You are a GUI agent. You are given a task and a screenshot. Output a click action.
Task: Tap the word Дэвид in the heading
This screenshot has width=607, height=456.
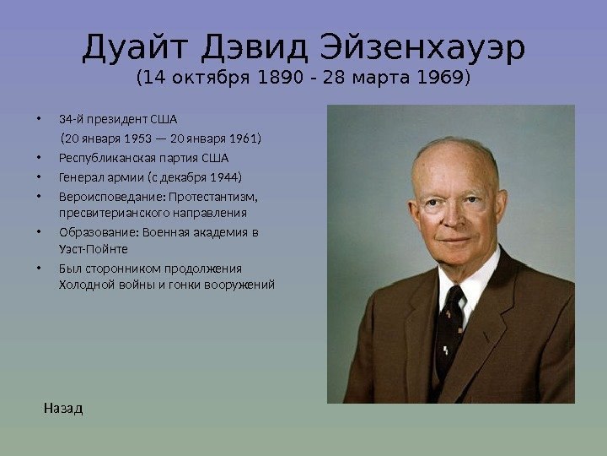[x=255, y=48]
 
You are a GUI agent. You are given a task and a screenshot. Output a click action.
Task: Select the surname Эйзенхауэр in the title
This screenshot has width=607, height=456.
[x=423, y=48]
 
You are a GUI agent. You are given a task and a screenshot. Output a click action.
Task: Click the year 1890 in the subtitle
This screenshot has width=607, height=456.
[x=280, y=77]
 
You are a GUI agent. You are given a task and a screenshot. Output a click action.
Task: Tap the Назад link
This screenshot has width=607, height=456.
[x=63, y=409]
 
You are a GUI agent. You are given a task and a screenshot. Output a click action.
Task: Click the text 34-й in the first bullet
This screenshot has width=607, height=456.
[x=71, y=119]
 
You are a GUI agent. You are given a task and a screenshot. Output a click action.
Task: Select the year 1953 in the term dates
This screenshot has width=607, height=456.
[x=137, y=138]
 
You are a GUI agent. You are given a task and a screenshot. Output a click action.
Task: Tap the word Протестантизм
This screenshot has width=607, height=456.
[x=213, y=197]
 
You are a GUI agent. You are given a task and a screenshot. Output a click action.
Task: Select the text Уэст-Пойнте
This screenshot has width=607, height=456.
[x=94, y=249]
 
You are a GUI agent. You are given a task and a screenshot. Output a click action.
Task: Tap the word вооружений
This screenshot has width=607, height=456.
[x=239, y=285]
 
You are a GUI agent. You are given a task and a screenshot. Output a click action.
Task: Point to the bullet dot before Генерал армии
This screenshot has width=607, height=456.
[x=39, y=177]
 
